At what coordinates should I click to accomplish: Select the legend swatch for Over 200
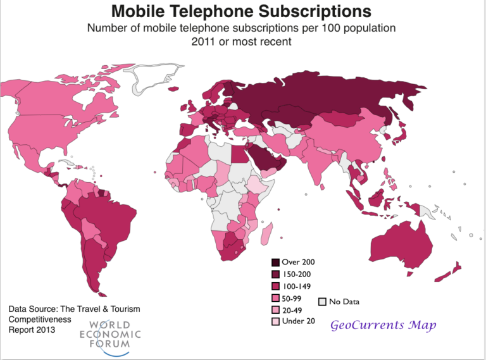pos(275,262)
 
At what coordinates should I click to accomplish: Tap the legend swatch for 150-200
pos(275,274)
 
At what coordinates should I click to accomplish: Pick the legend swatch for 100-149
pos(275,286)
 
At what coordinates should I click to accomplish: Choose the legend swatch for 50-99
pos(275,298)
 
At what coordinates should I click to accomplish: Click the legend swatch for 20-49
pos(275,310)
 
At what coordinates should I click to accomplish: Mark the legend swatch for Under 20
pos(275,321)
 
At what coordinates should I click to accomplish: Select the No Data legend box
pos(323,302)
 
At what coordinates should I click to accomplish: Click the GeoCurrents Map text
pos(383,325)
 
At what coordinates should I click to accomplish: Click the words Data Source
pos(32,309)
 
